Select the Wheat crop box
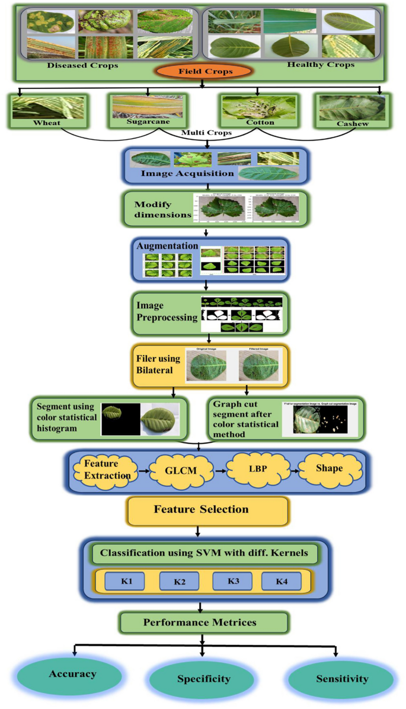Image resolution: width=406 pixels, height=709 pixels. [x=47, y=111]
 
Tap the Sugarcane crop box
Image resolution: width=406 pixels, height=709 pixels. [x=148, y=111]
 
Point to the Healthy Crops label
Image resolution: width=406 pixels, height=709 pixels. [x=320, y=65]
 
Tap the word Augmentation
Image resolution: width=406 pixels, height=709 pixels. [x=167, y=245]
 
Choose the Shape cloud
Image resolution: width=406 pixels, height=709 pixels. [x=329, y=468]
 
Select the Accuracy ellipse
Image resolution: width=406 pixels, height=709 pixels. [x=72, y=675]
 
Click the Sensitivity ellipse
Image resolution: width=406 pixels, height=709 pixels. [x=341, y=679]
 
